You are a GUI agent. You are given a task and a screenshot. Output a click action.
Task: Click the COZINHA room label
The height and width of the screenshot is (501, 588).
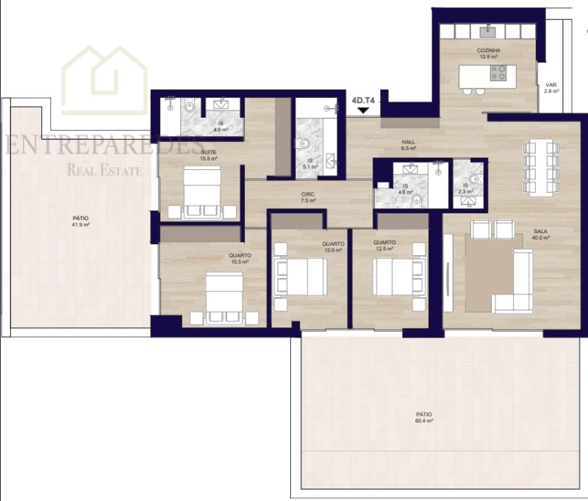489,51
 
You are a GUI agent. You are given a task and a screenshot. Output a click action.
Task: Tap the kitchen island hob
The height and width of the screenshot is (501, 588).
498,72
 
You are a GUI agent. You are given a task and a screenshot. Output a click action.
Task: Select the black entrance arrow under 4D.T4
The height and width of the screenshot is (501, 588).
362,110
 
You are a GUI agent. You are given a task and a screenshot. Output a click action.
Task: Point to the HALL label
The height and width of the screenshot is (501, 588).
409,144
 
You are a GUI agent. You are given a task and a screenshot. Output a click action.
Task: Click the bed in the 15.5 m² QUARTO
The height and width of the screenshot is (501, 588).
224,298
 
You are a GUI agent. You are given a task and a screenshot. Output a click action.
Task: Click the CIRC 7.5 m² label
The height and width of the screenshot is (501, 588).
308,197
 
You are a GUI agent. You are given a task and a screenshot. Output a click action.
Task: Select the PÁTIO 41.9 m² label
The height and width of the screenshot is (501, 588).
80,221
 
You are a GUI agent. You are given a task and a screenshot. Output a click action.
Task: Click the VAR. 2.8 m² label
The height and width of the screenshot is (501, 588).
551,88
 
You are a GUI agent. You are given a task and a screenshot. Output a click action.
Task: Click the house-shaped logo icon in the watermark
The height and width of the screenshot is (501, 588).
104,81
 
